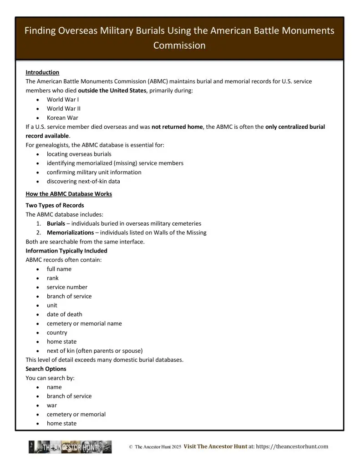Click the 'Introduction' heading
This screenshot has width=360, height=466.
42,72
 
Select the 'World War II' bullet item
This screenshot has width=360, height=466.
64,109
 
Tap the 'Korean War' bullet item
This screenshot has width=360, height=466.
63,118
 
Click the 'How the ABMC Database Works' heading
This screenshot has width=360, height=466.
69,194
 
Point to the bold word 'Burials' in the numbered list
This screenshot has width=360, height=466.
56,223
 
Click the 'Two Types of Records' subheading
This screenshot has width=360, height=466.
55,205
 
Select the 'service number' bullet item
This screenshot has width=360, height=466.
67,287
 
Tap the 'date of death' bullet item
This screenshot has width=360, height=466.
64,314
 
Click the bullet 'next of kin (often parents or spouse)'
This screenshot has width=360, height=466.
95,351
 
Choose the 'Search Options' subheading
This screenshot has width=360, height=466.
46,369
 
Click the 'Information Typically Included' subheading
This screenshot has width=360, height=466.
66,251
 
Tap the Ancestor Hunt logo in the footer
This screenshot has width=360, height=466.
70,447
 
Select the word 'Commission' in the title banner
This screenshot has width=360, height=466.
179,46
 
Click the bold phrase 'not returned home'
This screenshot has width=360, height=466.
177,127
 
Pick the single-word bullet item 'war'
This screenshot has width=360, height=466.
52,405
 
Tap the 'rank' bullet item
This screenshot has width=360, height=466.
53,278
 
